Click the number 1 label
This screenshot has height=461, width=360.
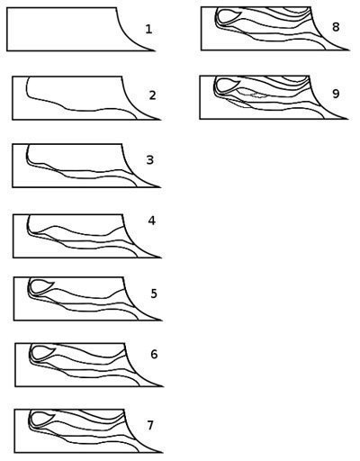149,30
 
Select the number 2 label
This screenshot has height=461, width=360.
153,95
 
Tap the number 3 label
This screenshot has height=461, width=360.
150,160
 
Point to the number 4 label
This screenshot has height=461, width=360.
152,221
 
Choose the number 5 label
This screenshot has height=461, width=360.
154,294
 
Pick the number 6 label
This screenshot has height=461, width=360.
154,355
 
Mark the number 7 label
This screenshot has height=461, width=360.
150,426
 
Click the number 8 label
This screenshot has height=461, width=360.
336,27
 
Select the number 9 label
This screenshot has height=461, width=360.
336,94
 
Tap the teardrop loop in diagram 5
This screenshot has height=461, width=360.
31,288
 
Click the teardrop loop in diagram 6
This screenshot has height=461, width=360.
32,354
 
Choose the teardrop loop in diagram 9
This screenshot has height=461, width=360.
216,86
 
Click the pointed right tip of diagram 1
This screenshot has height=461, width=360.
156,50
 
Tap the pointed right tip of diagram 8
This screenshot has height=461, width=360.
349,50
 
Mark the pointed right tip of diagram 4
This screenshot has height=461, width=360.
161,258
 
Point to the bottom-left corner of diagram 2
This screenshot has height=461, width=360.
13,120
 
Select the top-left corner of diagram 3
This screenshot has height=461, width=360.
13,144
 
